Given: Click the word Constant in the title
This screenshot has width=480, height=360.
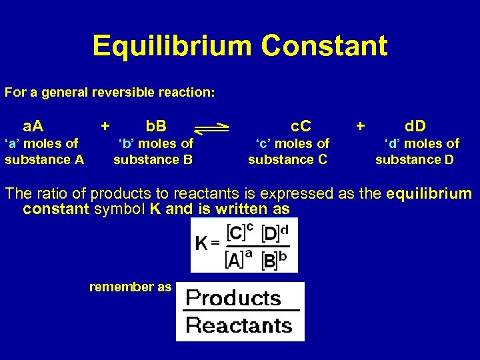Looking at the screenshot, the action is tap(325, 46).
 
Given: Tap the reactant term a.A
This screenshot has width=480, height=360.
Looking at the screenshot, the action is tap(33, 126).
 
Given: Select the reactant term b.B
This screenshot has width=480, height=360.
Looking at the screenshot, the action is tap(157, 126).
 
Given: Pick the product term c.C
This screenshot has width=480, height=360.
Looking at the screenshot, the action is tap(301, 126).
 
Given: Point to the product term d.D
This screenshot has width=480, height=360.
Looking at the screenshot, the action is tap(415, 126).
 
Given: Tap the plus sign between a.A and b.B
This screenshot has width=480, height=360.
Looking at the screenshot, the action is tap(105, 125).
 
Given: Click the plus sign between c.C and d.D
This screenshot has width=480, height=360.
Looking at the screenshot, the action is tap(361, 125).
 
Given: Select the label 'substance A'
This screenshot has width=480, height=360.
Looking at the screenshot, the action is tap(45, 159).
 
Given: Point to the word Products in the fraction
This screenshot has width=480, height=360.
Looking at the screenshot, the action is tap(233, 297).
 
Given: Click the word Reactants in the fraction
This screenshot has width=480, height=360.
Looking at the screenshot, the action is tap(239, 325).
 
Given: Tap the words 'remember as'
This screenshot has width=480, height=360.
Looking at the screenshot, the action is tap(131, 287).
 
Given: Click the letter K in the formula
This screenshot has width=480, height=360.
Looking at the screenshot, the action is tap(201, 244).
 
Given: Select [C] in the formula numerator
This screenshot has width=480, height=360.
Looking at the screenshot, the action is tap(235, 233).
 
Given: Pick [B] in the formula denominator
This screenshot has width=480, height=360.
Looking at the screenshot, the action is tap(269, 260).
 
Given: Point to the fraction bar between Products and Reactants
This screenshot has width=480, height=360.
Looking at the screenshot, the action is tap(240, 311).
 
